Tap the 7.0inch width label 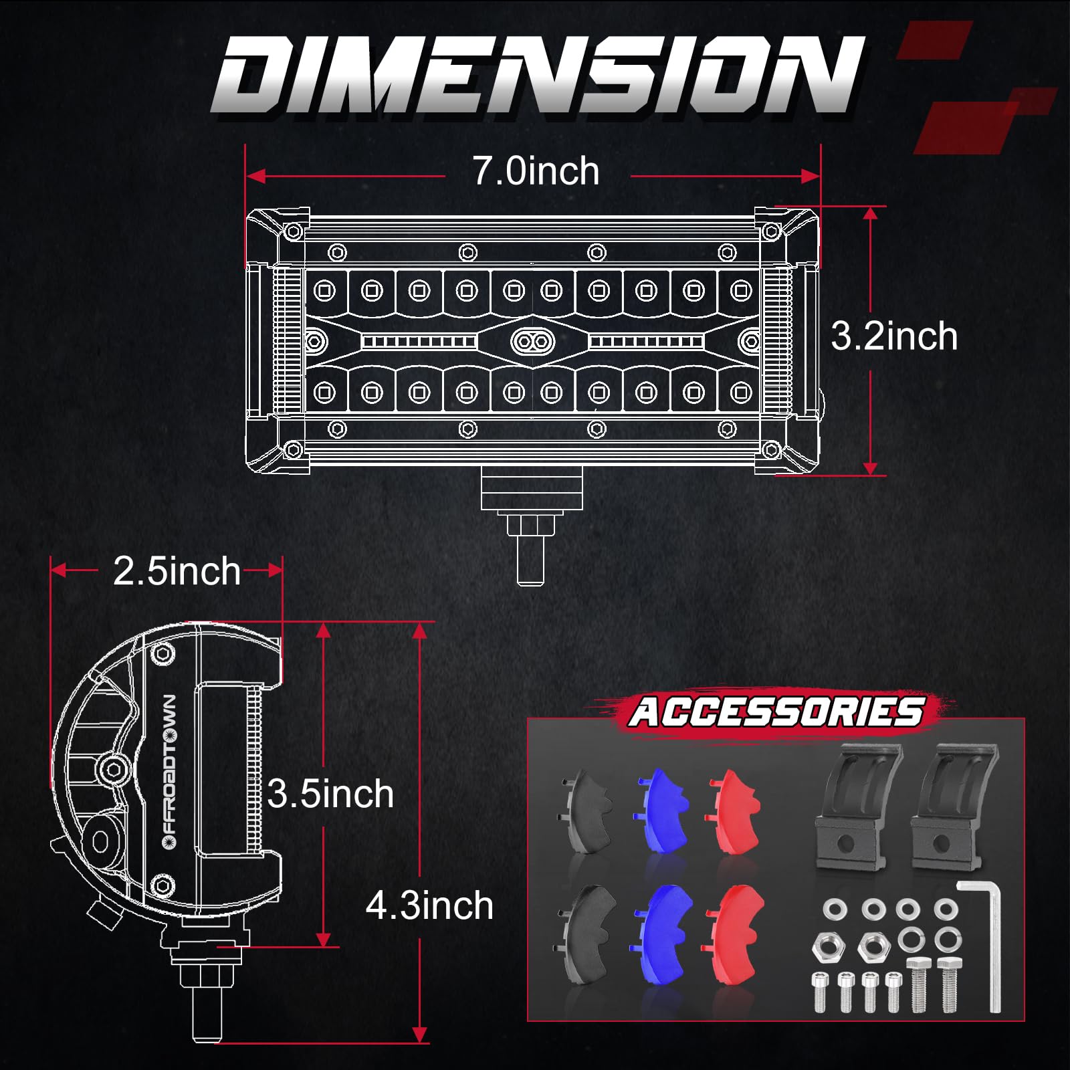point(536,171)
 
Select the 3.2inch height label point(893,336)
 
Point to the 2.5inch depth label point(177,571)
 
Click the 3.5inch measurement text point(330,794)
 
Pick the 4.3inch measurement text point(429,906)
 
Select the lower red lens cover point(734,934)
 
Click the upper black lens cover point(587,811)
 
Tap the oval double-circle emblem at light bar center point(533,342)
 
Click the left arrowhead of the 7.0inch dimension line point(255,177)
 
